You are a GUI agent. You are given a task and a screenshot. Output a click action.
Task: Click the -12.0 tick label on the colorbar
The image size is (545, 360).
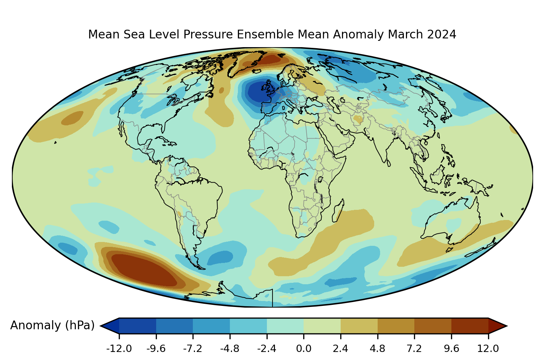coord(119,348)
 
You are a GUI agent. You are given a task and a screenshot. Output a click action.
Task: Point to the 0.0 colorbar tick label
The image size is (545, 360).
coord(304,348)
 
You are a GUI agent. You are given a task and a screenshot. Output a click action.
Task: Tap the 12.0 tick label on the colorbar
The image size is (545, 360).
coord(488,348)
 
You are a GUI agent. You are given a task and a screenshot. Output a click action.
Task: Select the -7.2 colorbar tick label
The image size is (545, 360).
coord(193,348)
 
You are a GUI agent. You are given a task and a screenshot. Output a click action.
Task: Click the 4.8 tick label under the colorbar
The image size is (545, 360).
coord(377,348)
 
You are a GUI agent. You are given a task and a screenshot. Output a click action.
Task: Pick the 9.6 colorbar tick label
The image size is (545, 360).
coord(451,348)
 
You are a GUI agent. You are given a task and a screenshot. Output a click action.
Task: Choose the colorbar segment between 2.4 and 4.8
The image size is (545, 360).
coord(359,326)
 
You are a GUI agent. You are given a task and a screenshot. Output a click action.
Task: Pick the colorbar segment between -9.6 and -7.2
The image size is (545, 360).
coord(174,326)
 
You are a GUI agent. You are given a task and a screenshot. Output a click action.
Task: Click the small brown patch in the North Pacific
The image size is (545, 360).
coord(72,118)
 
